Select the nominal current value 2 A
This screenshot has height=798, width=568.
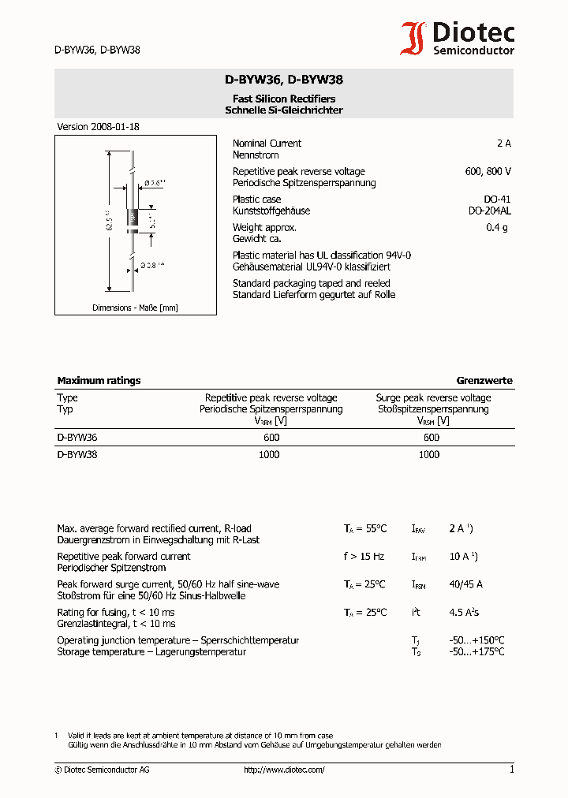coord(503,144)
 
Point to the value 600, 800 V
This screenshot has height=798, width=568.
coord(488,171)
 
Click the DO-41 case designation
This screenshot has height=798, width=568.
coord(497,199)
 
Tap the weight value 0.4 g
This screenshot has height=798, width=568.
coord(497,228)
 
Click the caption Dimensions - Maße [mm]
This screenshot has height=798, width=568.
coord(135,308)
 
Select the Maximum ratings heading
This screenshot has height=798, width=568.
coord(99,380)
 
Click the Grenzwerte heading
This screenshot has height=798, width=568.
coord(484,380)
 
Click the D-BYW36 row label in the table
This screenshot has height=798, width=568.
coord(77,437)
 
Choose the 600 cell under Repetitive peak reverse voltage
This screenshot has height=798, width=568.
coord(271,437)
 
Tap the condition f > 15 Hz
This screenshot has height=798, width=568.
coord(364,557)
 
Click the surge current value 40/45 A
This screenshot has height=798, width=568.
coord(465,584)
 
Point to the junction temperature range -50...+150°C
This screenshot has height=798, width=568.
coord(476,640)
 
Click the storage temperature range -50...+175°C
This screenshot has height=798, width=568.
coord(476,652)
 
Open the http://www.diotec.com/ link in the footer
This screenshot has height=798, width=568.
coord(284,770)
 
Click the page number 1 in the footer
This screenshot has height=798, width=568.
coord(511,770)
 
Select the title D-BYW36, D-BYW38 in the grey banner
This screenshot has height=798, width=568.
coord(283,80)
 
